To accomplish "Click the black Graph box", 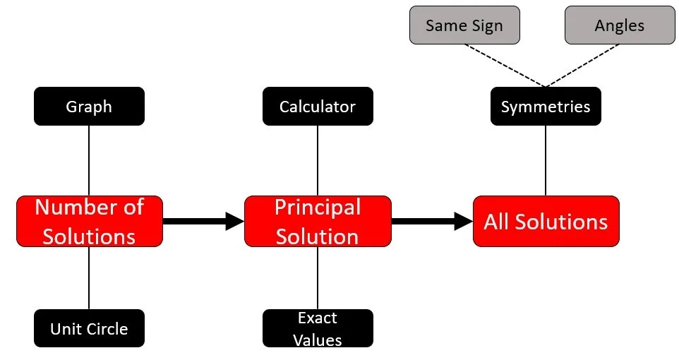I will [89, 107].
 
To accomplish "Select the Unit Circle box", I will [89, 328].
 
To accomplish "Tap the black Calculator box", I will [318, 107].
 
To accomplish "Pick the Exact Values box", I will [318, 328].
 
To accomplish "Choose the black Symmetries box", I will [546, 107].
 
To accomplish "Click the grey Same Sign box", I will [464, 25].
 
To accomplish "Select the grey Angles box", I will [619, 25].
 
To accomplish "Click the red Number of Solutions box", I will [89, 221].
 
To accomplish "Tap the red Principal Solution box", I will [318, 221].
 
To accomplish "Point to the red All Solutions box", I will [546, 221].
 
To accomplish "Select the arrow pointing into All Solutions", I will [431, 221].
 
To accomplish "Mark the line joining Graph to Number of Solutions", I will [89, 160].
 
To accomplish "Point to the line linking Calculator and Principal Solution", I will [318, 160].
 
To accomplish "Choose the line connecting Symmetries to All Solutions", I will [546, 160].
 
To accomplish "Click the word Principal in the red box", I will [318, 208].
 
